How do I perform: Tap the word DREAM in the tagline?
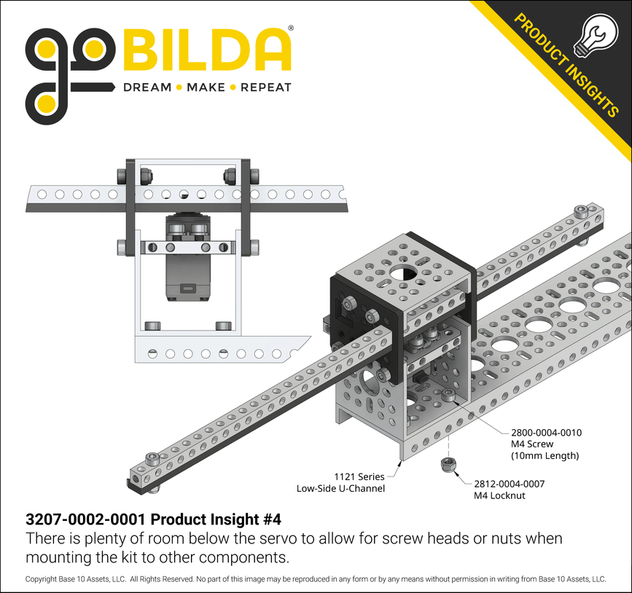[x=147, y=87]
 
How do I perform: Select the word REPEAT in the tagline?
[x=265, y=87]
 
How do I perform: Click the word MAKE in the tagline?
[x=206, y=87]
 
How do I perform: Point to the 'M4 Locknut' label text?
[x=500, y=495]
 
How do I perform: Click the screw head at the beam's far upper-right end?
[x=580, y=213]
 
